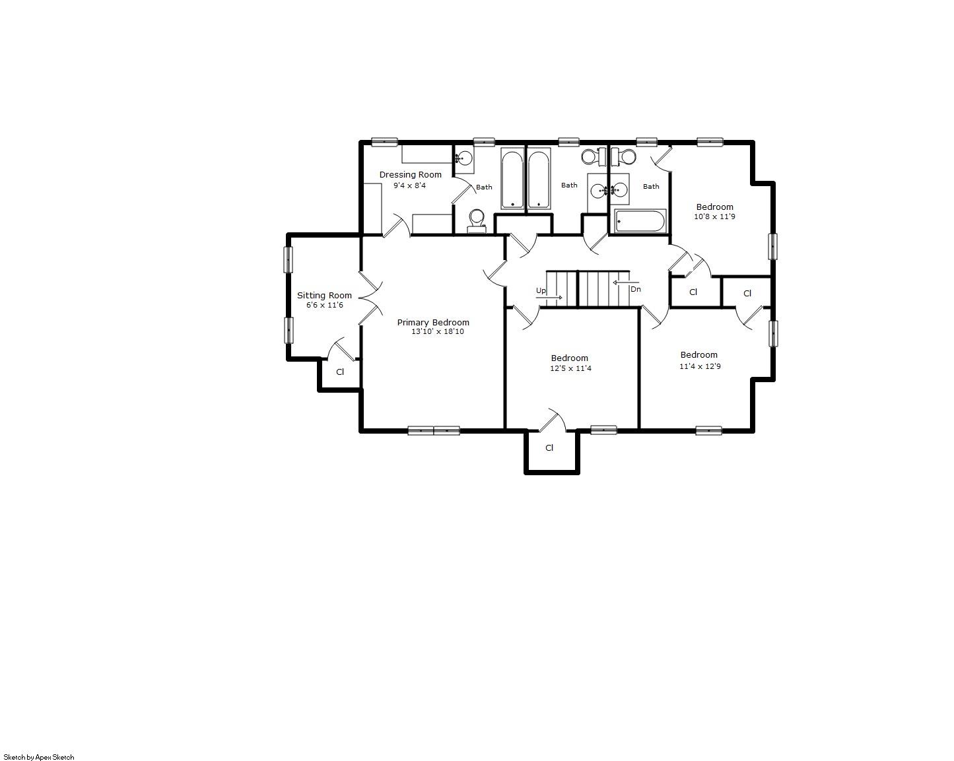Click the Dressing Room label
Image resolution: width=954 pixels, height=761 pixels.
coord(410,175)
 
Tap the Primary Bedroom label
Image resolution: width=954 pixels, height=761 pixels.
coord(433,322)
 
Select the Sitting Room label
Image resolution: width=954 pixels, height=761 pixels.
coord(324,295)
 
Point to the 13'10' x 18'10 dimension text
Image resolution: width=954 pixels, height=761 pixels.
coord(438,331)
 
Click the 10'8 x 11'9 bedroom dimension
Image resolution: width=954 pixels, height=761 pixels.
coord(714,216)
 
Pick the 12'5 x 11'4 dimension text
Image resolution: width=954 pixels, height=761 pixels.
coord(570,368)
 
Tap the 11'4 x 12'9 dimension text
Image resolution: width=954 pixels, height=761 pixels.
coord(700,366)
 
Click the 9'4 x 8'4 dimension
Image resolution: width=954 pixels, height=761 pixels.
coord(409,185)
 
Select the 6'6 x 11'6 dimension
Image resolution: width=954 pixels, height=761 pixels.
coord(325,305)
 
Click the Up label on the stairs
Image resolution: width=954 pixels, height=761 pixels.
coord(541,291)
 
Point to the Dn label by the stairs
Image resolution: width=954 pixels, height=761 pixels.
coord(636,289)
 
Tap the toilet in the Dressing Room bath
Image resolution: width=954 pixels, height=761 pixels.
coord(477,221)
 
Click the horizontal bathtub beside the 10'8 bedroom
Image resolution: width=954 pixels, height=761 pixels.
coord(640,220)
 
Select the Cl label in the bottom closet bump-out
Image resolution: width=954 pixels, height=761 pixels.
coord(549,447)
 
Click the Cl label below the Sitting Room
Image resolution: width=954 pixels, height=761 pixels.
coord(340,372)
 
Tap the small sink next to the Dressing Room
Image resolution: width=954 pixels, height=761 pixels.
coord(465,159)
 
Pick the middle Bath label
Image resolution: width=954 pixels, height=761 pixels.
coord(569,185)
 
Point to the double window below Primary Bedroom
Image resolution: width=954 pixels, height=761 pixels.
coord(434,430)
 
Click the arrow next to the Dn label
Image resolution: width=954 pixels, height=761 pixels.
coord(626,282)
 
